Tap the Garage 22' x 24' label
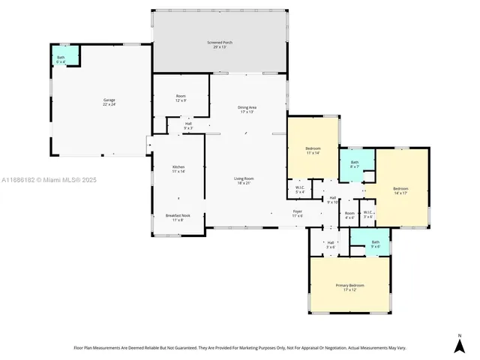click(109, 102)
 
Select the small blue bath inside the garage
click(61, 58)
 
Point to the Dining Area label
click(246, 110)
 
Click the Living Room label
click(244, 180)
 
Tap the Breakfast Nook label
click(178, 217)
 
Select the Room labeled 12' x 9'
click(181, 97)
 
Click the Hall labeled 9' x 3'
click(188, 127)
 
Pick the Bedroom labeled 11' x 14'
click(313, 151)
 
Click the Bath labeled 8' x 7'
click(354, 164)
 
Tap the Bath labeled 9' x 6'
click(376, 244)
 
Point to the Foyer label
click(298, 214)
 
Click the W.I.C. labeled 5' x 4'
click(299, 189)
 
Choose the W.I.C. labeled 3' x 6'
click(368, 214)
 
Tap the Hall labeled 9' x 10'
click(333, 199)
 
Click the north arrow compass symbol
click(459, 343)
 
